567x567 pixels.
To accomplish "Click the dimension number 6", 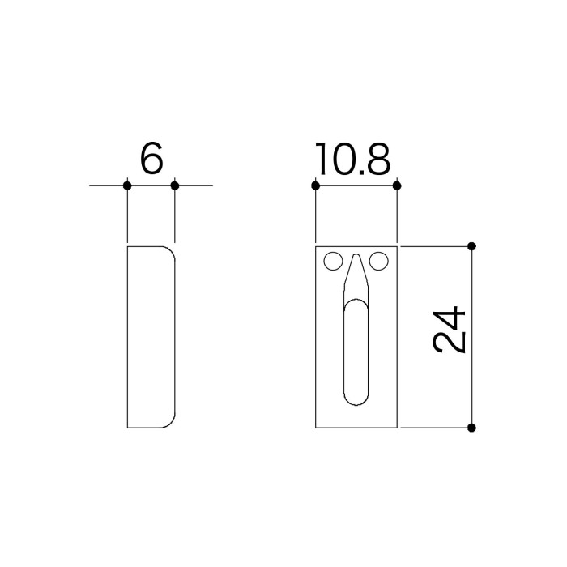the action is click(x=151, y=158).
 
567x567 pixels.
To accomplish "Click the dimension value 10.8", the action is click(x=353, y=158).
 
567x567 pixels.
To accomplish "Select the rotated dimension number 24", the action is click(x=449, y=330).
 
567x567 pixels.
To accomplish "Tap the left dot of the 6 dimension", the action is click(x=127, y=185).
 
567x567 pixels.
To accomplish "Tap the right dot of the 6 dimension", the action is click(x=175, y=185).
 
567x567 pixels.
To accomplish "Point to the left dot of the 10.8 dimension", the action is click(x=315, y=185).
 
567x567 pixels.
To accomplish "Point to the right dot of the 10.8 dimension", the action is click(x=397, y=185).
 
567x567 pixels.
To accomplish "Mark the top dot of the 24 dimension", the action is click(x=471, y=246).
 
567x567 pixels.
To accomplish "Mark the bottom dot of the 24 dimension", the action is click(x=471, y=428).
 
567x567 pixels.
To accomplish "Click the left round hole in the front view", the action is click(x=334, y=261).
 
